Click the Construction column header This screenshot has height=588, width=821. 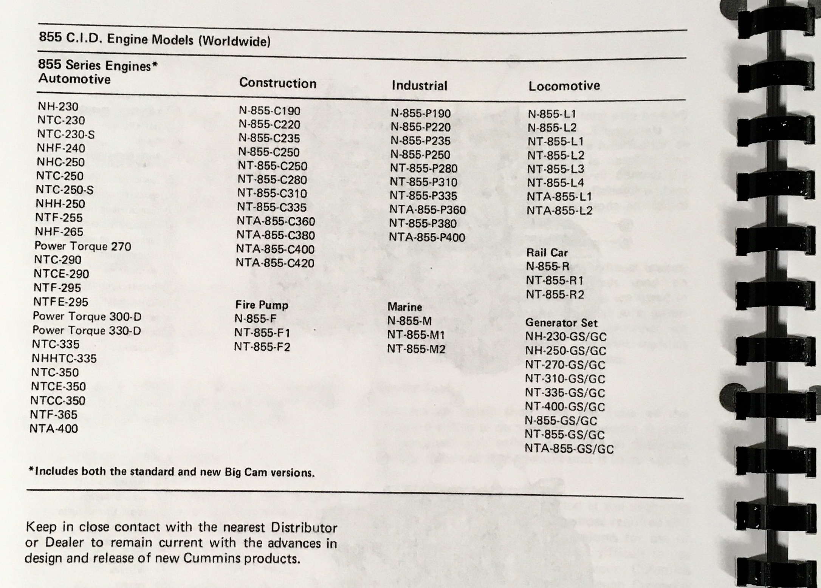277,83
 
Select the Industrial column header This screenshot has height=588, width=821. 419,85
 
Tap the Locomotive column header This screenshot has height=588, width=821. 564,86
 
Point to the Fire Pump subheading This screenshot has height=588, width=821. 262,305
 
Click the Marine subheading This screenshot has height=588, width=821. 404,307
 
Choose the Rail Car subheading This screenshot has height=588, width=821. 547,252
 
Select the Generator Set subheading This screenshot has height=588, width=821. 561,323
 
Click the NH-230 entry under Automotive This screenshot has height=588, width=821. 58,107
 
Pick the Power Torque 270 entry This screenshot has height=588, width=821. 82,246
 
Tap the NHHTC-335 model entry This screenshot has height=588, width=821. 64,358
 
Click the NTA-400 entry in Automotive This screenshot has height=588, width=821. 54,429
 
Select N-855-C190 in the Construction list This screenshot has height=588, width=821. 270,111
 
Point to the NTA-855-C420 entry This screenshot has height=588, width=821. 275,263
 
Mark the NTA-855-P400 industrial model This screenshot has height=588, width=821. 427,237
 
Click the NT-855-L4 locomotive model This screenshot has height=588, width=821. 555,183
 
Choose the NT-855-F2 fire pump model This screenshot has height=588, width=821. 262,347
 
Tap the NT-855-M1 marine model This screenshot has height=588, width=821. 416,335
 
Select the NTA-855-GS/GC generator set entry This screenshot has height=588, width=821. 569,449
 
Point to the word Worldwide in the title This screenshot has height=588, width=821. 234,41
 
